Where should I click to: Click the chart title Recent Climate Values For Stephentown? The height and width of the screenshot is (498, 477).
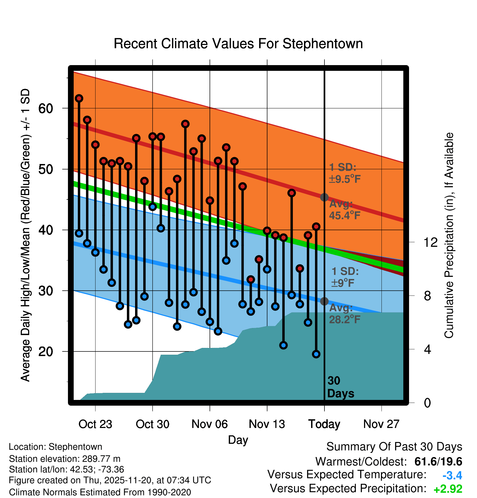pyautogui.click(x=238, y=44)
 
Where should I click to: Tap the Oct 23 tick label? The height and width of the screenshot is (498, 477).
pyautogui.click(x=95, y=424)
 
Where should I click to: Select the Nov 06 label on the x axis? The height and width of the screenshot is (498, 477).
pyautogui.click(x=210, y=424)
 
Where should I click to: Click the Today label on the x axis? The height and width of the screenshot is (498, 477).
pyautogui.click(x=324, y=424)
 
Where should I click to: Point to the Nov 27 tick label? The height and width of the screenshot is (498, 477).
pyautogui.click(x=381, y=424)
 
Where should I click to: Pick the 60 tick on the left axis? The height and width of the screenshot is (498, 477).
pyautogui.click(x=46, y=108)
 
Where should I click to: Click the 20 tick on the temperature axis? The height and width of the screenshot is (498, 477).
pyautogui.click(x=46, y=352)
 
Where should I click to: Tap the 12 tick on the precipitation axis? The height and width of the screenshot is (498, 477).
pyautogui.click(x=431, y=242)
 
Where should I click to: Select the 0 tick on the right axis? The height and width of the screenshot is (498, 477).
pyautogui.click(x=427, y=403)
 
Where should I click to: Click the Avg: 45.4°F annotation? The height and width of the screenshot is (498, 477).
pyautogui.click(x=344, y=209)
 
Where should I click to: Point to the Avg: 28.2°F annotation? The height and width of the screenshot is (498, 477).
pyautogui.click(x=344, y=314)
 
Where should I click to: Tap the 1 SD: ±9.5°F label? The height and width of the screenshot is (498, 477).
pyautogui.click(x=344, y=173)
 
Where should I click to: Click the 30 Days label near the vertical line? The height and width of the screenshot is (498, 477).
pyautogui.click(x=340, y=387)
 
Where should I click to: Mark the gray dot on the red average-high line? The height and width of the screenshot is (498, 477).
pyautogui.click(x=324, y=197)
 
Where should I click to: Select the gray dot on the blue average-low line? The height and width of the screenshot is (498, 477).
pyautogui.click(x=324, y=301)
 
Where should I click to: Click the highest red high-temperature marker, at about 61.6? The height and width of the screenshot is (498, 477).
pyautogui.click(x=79, y=98)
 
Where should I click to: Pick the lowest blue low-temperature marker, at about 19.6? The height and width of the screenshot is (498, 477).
pyautogui.click(x=316, y=354)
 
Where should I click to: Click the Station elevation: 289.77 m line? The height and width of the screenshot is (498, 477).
pyautogui.click(x=65, y=459)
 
